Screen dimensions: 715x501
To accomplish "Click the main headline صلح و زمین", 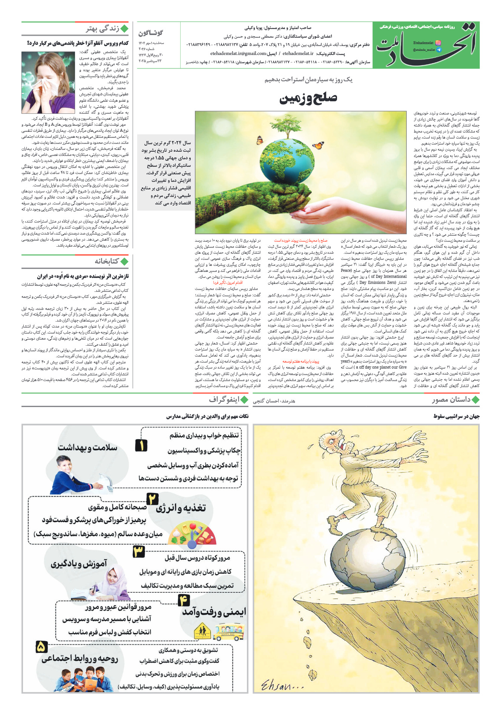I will pyautogui.click(x=308, y=98).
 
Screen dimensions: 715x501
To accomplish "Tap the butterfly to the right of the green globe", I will pyautogui.click(x=318, y=145).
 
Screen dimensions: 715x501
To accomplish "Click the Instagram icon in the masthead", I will pyautogui.click(x=438, y=43).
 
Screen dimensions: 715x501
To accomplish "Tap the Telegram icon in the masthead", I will pyautogui.click(x=438, y=50).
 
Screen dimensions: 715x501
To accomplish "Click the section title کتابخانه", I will pyautogui.click(x=107, y=261).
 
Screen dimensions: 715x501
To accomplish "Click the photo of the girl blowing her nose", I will pyautogui.click(x=48, y=83).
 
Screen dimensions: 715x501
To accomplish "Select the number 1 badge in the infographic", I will pyautogui.click(x=141, y=445).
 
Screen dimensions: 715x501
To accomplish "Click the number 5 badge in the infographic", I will pyautogui.click(x=41, y=646).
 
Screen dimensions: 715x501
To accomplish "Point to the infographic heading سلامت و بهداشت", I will pyautogui.click(x=87, y=448).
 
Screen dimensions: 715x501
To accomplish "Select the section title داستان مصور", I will pyautogui.click(x=451, y=400).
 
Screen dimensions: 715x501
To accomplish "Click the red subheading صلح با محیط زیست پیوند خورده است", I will pyautogui.click(x=301, y=240).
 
